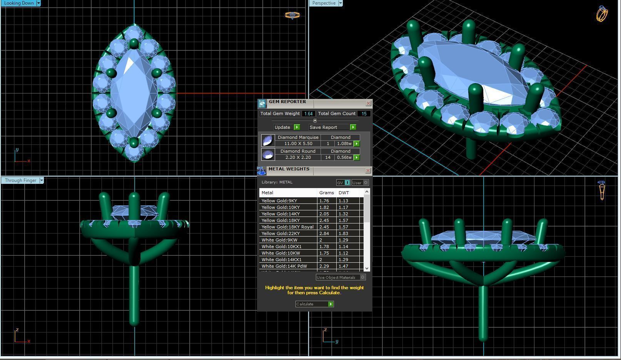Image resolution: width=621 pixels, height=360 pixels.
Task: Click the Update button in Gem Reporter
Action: (286, 127)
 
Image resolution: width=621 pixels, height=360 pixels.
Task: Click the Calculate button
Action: (314, 304)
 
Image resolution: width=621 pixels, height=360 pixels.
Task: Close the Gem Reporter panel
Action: (368, 103)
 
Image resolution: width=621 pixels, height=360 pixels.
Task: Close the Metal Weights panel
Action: (368, 170)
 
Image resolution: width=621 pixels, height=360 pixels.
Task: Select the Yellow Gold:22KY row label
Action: (280, 233)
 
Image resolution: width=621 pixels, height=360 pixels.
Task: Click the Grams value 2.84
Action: (324, 233)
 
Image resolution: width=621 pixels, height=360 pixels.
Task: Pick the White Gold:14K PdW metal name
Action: (284, 266)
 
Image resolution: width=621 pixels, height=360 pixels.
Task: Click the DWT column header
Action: (344, 193)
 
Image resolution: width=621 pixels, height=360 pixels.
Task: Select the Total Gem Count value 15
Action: (364, 113)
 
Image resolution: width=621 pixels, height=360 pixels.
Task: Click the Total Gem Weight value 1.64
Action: (308, 113)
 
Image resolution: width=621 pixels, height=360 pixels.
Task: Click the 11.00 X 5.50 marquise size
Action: (298, 143)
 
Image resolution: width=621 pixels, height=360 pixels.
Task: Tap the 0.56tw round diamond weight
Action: (344, 157)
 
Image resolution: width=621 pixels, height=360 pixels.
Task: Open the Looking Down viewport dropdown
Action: (38, 3)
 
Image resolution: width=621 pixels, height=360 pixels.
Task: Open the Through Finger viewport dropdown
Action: (42, 180)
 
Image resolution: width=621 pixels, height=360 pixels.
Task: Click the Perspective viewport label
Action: (324, 3)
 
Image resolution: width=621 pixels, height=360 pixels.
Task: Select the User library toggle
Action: (360, 183)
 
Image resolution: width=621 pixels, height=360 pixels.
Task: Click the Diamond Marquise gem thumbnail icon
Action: (267, 140)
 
